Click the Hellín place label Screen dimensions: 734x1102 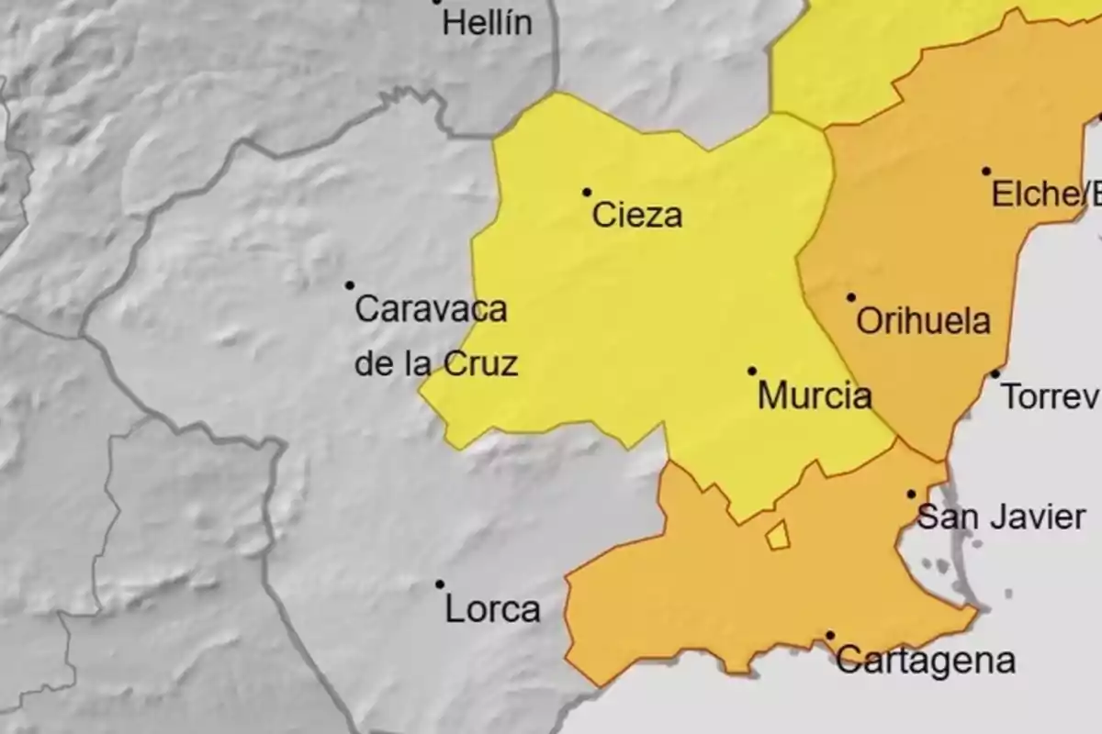click(487, 23)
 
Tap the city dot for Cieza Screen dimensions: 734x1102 click(587, 192)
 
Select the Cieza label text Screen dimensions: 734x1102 click(637, 216)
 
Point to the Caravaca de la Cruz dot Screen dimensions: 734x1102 click(350, 285)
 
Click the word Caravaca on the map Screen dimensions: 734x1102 click(431, 309)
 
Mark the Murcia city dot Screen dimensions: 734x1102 click(752, 371)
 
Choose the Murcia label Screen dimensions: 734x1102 click(815, 396)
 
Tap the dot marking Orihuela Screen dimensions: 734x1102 click(851, 297)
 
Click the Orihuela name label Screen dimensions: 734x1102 click(923, 321)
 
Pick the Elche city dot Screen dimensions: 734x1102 click(986, 171)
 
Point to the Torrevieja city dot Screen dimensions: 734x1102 click(995, 373)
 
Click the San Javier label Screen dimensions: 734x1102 click(1002, 517)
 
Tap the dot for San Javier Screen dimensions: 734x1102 click(912, 494)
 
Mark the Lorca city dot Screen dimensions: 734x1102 click(440, 584)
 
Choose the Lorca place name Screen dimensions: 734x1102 click(492, 609)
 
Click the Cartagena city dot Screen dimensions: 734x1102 click(830, 635)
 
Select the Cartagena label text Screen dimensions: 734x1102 click(926, 661)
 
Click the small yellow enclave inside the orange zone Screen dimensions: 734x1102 click(778, 536)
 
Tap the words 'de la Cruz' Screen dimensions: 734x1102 click(436, 364)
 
